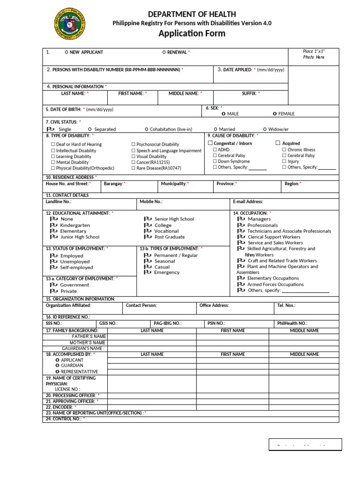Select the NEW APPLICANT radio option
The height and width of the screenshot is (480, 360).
pyautogui.click(x=66, y=52)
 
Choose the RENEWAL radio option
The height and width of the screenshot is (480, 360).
pyautogui.click(x=164, y=52)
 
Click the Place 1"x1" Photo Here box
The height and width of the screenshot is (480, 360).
pyautogui.click(x=313, y=54)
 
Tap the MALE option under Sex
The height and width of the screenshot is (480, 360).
pyautogui.click(x=224, y=114)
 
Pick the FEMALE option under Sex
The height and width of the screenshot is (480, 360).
pyautogui.click(x=275, y=114)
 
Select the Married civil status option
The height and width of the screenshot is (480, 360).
pyautogui.click(x=215, y=129)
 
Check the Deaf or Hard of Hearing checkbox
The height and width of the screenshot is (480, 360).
pyautogui.click(x=53, y=144)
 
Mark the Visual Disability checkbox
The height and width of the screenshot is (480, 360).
pyautogui.click(x=134, y=157)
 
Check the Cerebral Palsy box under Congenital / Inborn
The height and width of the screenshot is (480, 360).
pyautogui.click(x=215, y=156)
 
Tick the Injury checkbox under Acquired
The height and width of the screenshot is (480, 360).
pyautogui.click(x=284, y=161)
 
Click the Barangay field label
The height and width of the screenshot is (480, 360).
pyautogui.click(x=114, y=184)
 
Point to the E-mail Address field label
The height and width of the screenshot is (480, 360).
pyautogui.click(x=248, y=202)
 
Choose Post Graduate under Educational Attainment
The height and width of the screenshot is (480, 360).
pyautogui.click(x=147, y=237)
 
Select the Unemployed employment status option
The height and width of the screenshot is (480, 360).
pyautogui.click(x=53, y=262)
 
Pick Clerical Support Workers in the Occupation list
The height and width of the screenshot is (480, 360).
pyautogui.click(x=241, y=237)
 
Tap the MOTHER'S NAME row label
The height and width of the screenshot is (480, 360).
pyautogui.click(x=88, y=343)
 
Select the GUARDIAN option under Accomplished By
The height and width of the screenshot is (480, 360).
pyautogui.click(x=57, y=366)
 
